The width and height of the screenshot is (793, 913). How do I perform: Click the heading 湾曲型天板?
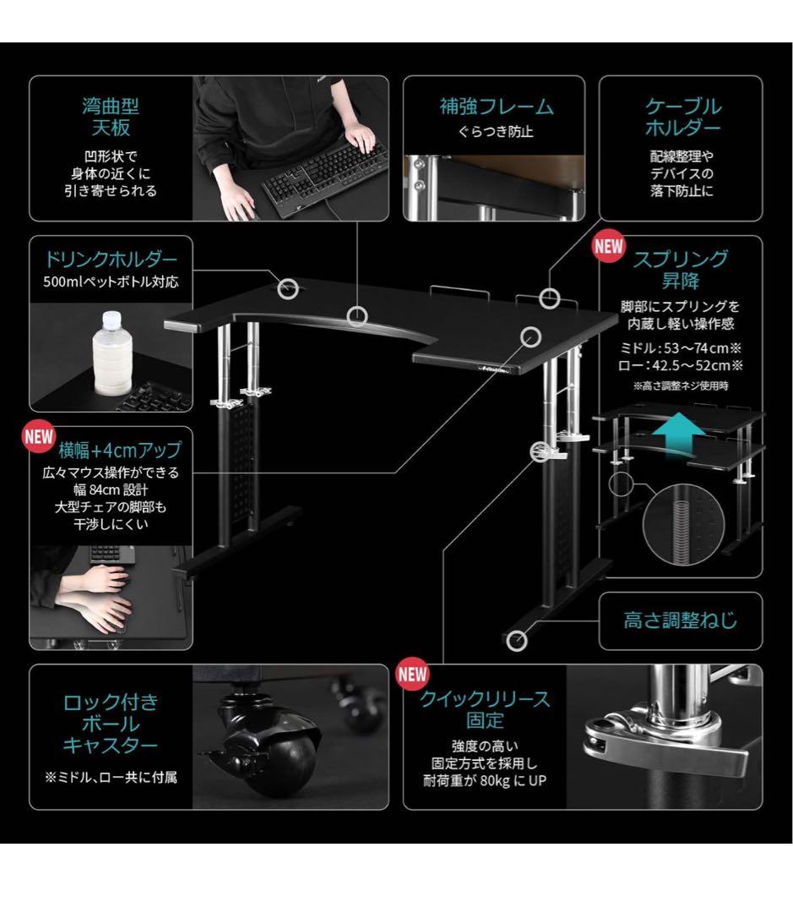coord(111,117)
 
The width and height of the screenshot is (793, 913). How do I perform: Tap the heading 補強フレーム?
coord(497,107)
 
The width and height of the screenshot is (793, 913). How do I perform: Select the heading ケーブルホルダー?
coord(682,117)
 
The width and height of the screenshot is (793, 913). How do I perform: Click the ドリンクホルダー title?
coord(111,260)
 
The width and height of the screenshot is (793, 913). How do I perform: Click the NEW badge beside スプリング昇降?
coord(609,247)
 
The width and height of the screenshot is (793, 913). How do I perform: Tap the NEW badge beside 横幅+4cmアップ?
coord(39,437)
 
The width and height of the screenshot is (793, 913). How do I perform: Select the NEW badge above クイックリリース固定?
coord(412,675)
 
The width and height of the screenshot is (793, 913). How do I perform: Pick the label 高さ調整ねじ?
coord(680,621)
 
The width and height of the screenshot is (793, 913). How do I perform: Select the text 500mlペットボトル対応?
coord(111,282)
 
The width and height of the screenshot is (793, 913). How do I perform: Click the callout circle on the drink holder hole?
coord(288,288)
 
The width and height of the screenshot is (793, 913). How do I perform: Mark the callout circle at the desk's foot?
coord(516,641)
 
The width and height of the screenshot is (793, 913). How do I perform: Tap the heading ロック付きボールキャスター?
coord(111,724)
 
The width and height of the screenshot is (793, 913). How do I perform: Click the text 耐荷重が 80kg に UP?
coord(485,781)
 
